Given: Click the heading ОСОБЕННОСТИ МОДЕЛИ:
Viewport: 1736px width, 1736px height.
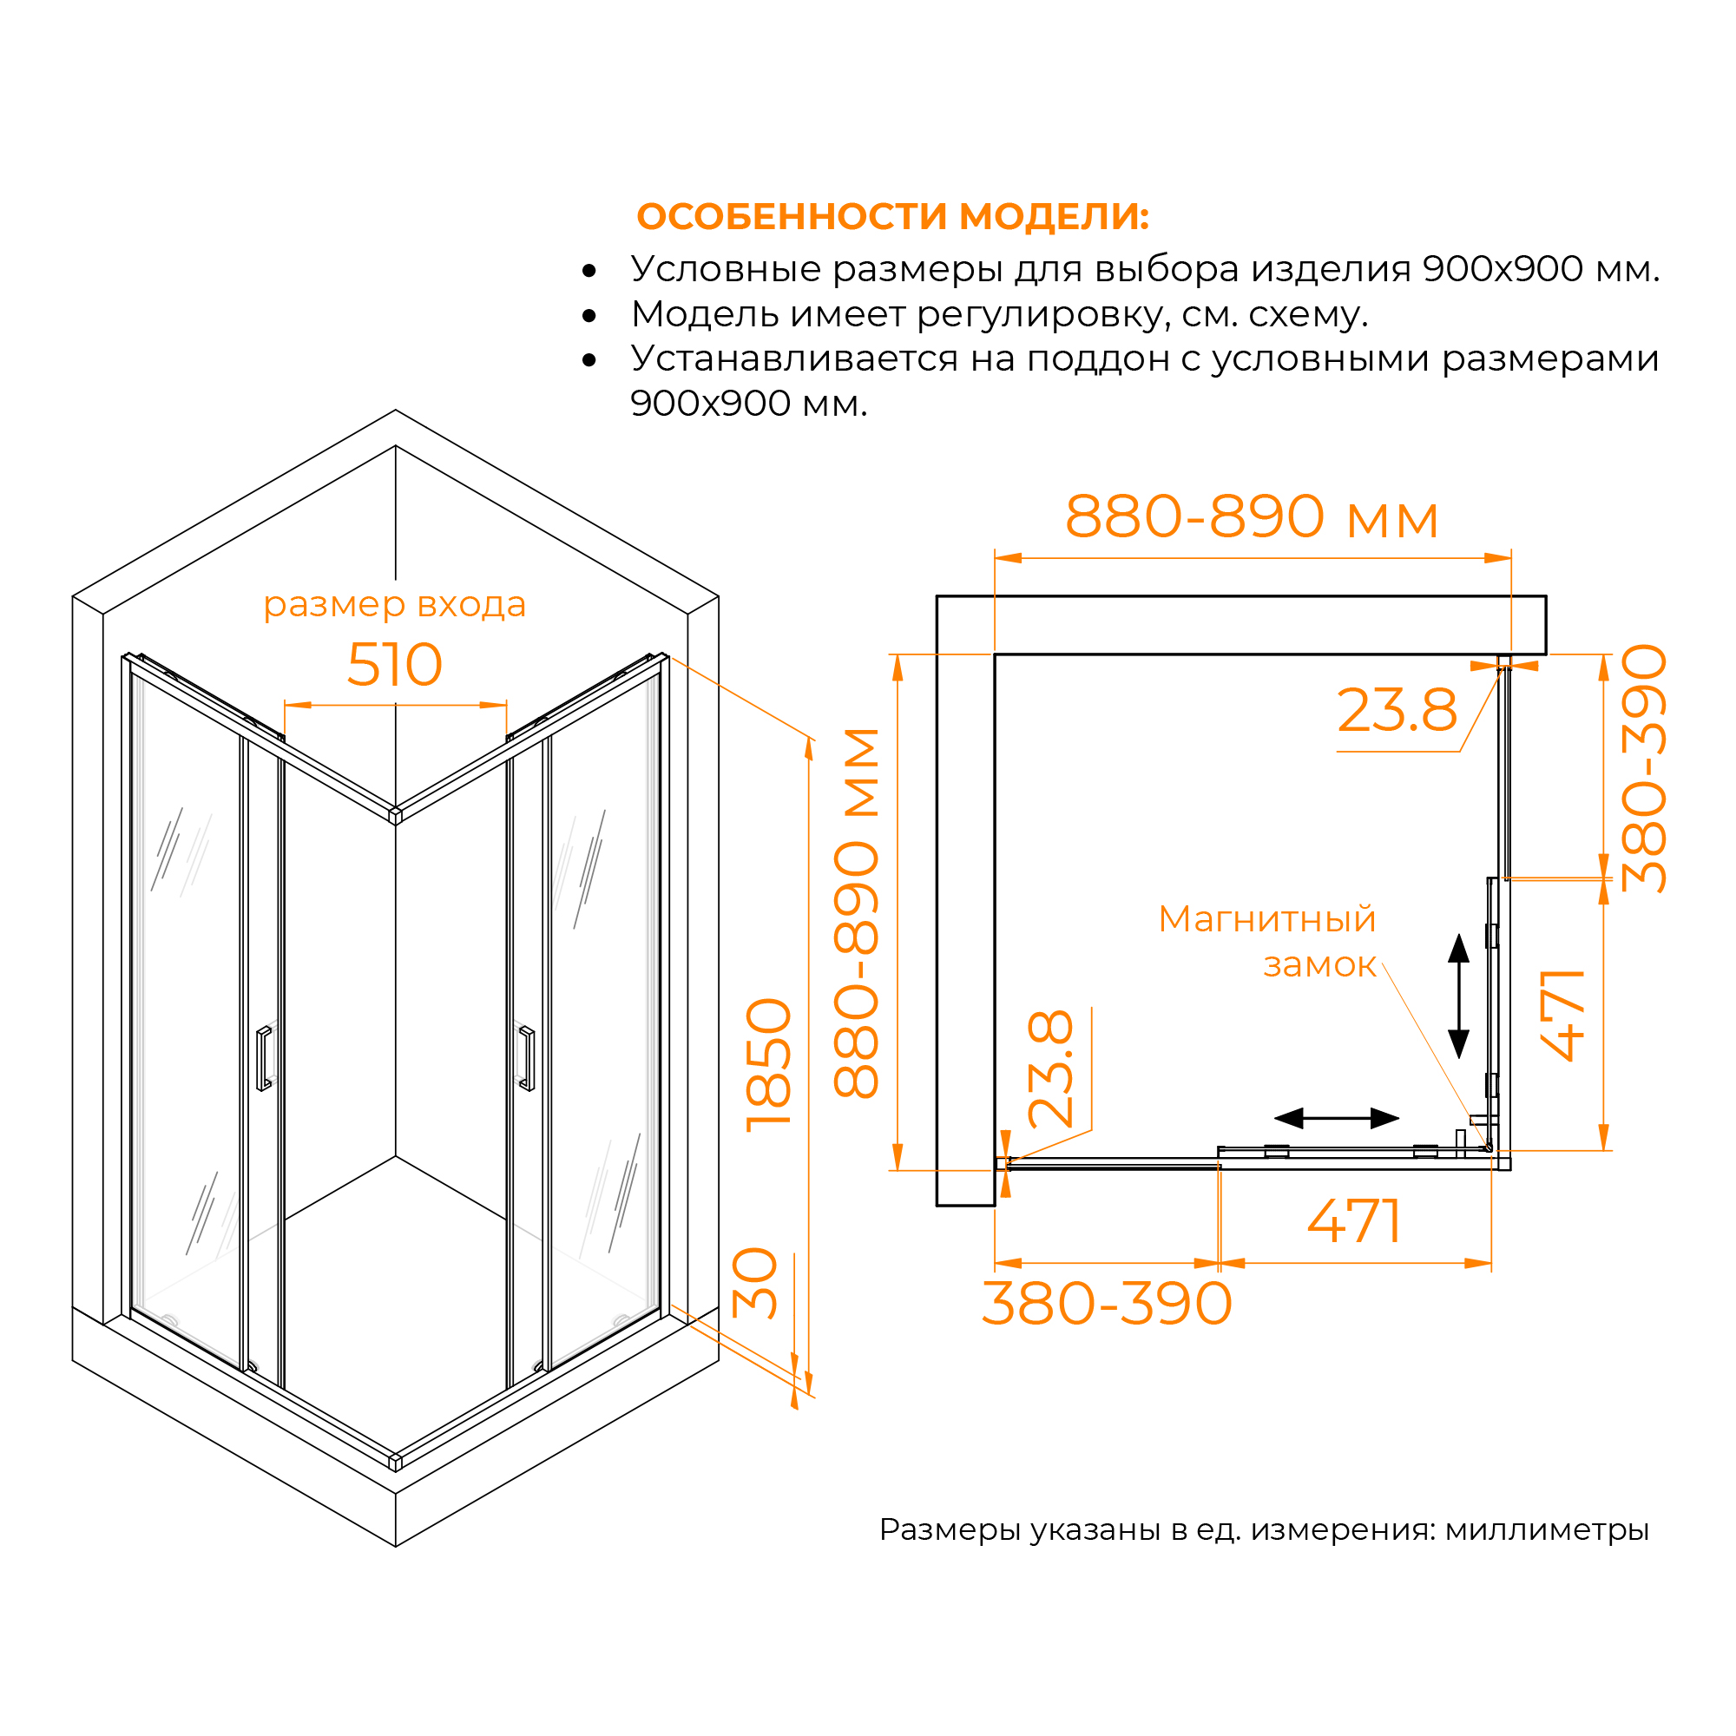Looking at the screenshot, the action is [x=892, y=216].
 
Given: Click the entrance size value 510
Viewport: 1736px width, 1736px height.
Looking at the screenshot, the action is [x=394, y=665].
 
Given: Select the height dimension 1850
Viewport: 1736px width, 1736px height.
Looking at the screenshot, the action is [x=769, y=1065].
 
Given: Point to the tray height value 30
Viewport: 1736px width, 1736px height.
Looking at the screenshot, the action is [x=755, y=1283].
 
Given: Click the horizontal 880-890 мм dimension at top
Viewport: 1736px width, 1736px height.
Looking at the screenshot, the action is [x=1252, y=517].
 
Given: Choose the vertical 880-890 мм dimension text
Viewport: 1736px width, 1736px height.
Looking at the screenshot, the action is [x=857, y=913].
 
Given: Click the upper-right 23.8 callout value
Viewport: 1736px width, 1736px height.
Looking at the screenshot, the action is [x=1397, y=711].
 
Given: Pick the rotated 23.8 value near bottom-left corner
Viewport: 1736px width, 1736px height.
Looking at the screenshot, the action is [x=1050, y=1069].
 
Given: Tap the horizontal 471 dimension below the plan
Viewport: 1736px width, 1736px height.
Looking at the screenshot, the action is [x=1354, y=1221].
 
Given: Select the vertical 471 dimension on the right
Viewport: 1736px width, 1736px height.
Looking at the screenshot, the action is [x=1562, y=1016].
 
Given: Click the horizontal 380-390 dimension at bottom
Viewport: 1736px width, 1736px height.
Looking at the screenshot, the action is [x=1107, y=1304].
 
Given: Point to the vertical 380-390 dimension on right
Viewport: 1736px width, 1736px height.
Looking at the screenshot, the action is [x=1643, y=768].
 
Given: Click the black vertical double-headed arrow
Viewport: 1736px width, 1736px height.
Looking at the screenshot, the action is [x=1459, y=996].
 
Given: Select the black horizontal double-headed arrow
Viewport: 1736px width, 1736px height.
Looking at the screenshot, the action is [x=1337, y=1119].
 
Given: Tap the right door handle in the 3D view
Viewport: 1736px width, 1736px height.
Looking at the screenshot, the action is [x=527, y=1057].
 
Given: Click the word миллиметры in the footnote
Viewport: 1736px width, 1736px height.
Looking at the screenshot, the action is [x=1548, y=1529].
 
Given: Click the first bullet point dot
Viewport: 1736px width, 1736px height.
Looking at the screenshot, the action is [x=589, y=271].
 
